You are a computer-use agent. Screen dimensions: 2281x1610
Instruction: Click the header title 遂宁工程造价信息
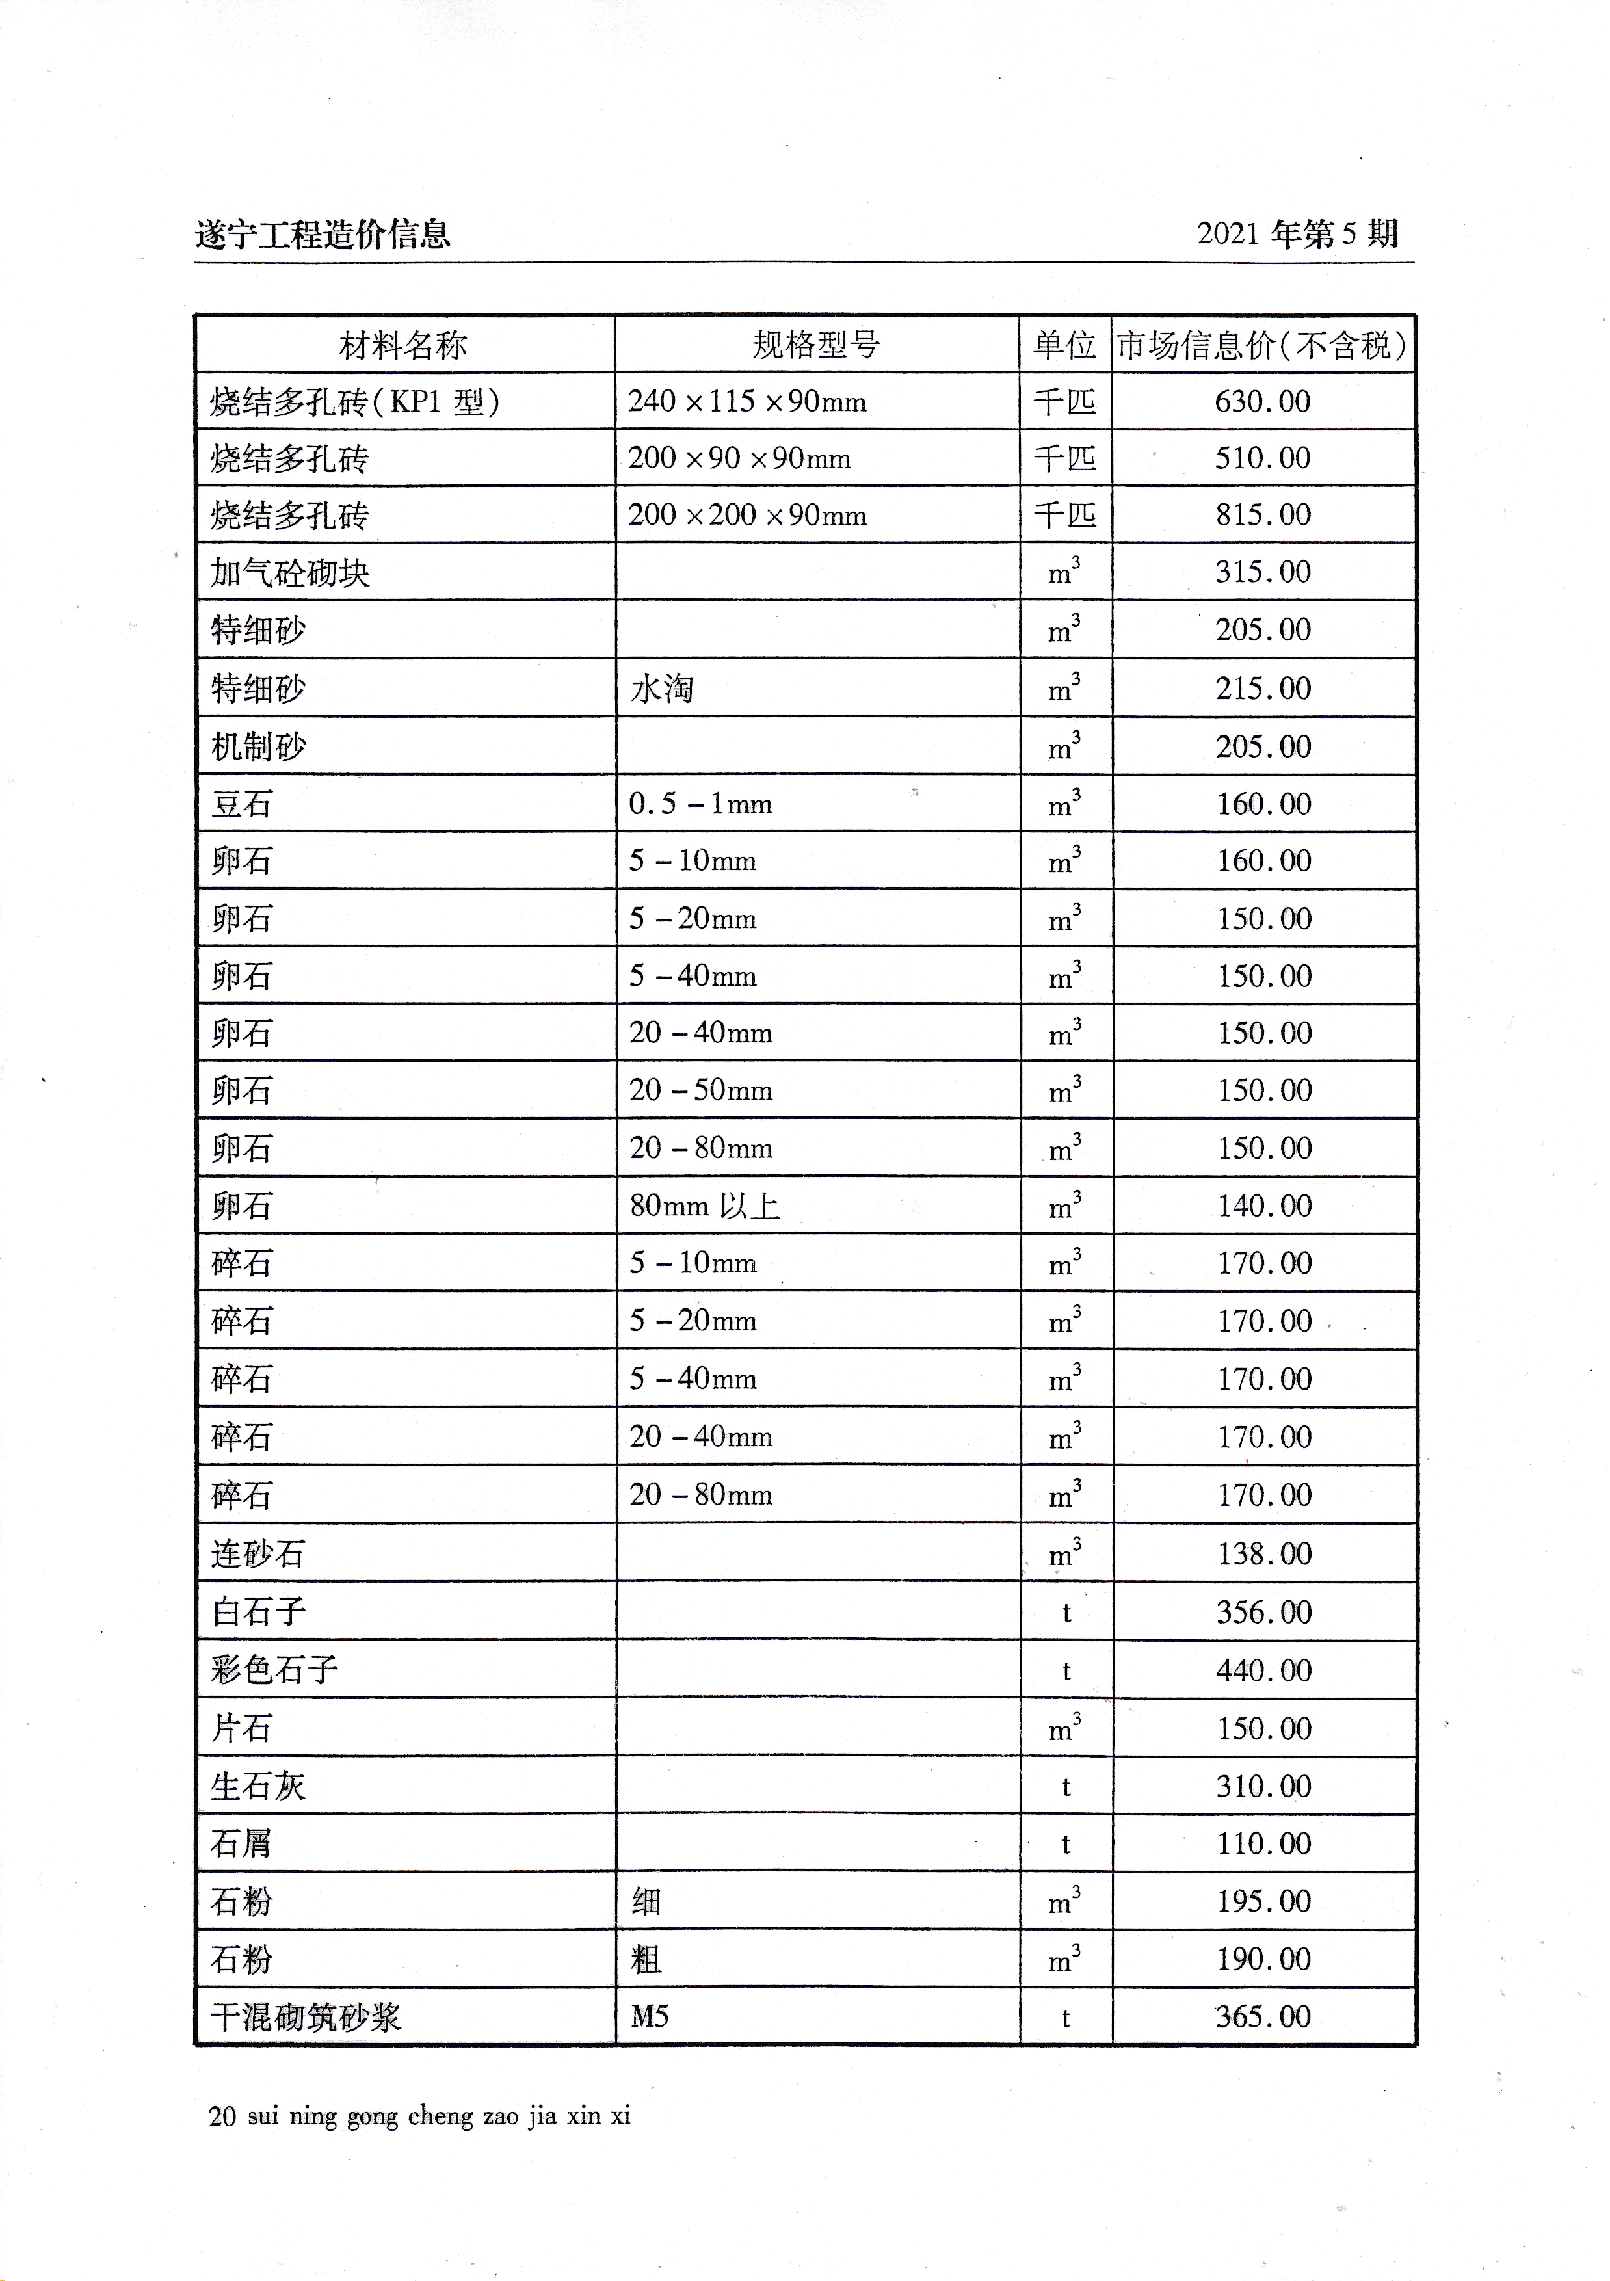point(323,235)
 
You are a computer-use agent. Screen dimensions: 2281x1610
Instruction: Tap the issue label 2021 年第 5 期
point(1297,235)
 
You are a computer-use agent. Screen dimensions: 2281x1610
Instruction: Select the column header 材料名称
point(403,346)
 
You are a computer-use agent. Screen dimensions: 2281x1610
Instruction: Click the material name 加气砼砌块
point(290,574)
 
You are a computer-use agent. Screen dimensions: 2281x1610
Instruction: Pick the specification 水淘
point(661,689)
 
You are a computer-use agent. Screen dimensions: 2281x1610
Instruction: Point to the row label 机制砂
point(258,746)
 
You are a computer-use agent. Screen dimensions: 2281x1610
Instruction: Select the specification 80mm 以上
point(704,1206)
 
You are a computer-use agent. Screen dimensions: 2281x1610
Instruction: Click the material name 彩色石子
point(274,1670)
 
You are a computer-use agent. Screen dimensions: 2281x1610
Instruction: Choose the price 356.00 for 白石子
point(1264,1611)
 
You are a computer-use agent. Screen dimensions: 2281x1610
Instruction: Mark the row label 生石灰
point(258,1786)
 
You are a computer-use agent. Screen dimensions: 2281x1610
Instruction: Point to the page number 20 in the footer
point(222,2116)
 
